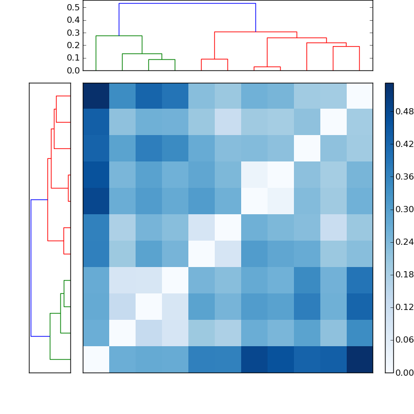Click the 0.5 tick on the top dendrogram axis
click(73, 8)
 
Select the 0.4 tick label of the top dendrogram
click(73, 20)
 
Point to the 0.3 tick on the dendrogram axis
click(73, 33)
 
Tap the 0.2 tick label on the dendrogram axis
click(73, 45)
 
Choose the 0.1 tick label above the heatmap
click(73, 57)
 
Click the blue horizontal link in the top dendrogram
click(187, 4)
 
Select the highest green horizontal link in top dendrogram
click(119, 36)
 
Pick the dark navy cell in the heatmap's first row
click(96, 96)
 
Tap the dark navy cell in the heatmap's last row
click(359, 359)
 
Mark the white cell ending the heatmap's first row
click(359, 96)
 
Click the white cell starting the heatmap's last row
click(96, 359)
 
